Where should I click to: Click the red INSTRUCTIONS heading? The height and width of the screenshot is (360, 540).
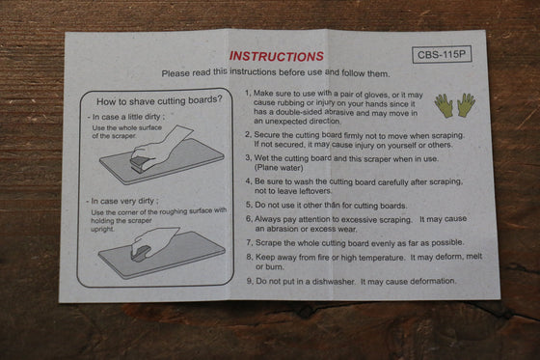click(277, 56)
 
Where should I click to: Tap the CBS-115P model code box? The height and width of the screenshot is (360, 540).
click(442, 54)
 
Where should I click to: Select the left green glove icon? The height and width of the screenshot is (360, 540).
click(444, 105)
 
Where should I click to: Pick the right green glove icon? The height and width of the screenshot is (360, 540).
click(467, 104)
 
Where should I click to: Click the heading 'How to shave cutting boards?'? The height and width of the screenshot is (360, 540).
click(159, 100)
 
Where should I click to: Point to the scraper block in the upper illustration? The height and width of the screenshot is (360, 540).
click(140, 163)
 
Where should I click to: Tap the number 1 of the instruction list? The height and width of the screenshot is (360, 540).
click(247, 93)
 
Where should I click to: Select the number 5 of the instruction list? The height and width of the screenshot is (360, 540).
click(249, 205)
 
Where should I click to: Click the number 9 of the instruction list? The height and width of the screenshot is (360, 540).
click(250, 281)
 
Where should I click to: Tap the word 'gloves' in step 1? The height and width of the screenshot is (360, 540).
click(376, 95)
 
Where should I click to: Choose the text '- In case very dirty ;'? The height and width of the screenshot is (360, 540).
click(122, 201)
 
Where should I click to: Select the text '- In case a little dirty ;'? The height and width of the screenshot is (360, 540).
click(125, 117)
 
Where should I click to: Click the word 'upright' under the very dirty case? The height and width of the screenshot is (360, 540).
click(102, 229)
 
